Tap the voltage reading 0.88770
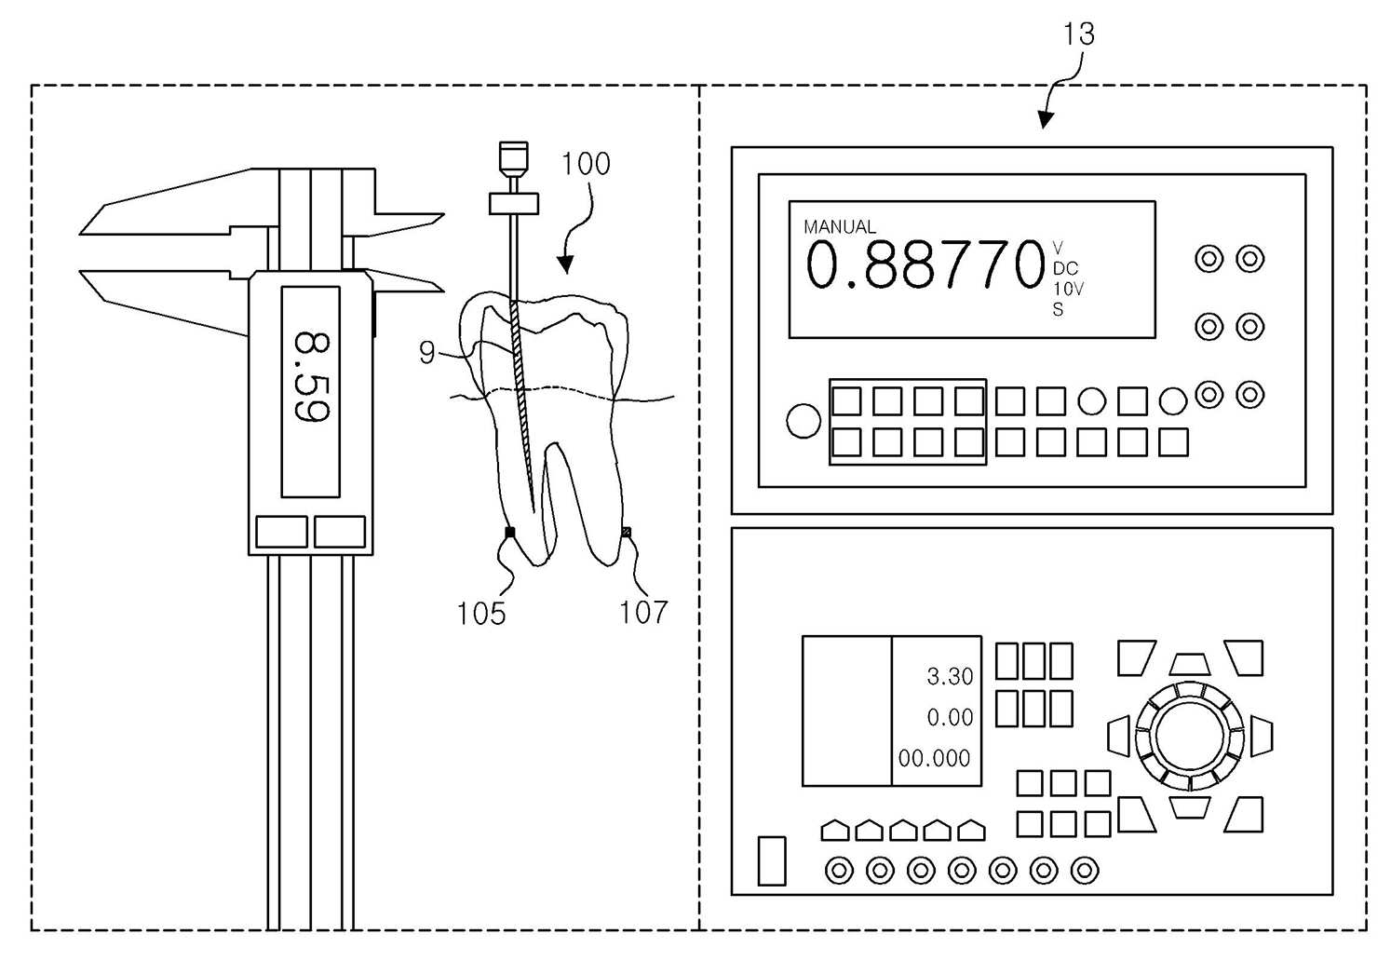(x=925, y=265)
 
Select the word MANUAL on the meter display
(x=840, y=226)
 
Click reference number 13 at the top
(x=1079, y=34)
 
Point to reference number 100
(x=586, y=164)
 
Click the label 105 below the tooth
(x=480, y=614)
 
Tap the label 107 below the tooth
(x=643, y=613)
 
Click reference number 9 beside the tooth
(x=427, y=353)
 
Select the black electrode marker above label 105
(x=510, y=533)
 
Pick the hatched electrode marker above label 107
(x=627, y=532)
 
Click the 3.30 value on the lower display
(x=950, y=676)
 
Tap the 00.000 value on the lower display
(x=934, y=759)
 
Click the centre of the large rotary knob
(x=1189, y=737)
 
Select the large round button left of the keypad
(x=804, y=421)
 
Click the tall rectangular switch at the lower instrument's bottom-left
(x=772, y=861)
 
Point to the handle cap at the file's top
(x=514, y=157)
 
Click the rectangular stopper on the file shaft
(x=514, y=204)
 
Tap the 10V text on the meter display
(x=1068, y=289)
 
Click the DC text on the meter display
(x=1066, y=268)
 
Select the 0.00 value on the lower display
(x=950, y=717)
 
